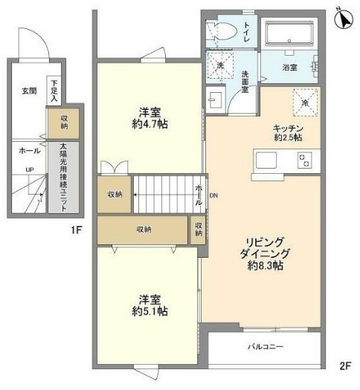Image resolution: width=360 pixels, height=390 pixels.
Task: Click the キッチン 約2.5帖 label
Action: [287, 131]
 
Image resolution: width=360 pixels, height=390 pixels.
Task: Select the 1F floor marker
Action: [76, 230]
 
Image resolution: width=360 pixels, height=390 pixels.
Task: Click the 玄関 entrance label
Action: [28, 91]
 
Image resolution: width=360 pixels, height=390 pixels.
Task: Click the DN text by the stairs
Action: [213, 196]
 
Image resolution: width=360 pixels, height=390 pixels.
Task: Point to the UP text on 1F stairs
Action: [29, 169]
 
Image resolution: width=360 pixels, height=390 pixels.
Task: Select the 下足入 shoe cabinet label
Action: [54, 89]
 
